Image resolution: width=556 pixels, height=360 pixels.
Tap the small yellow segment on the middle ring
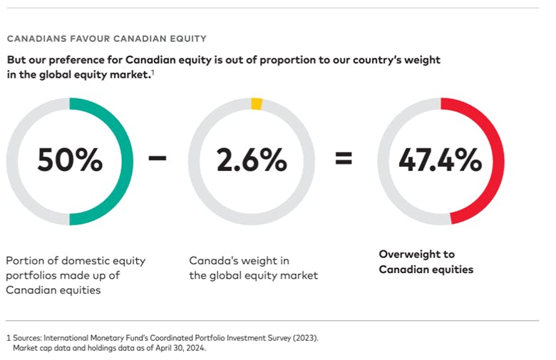point(257,104)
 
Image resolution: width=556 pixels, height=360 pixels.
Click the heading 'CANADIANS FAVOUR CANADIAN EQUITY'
point(105,38)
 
